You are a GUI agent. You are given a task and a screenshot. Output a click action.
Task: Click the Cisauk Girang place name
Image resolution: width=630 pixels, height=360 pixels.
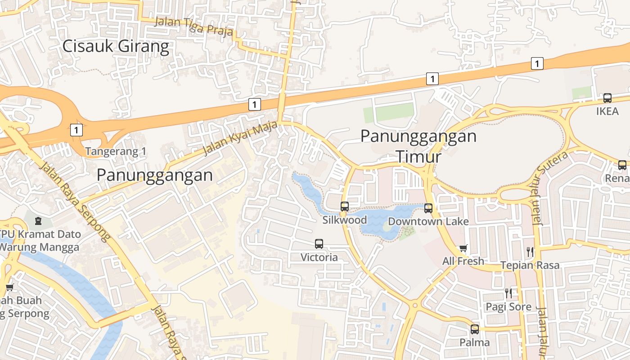pos(116,46)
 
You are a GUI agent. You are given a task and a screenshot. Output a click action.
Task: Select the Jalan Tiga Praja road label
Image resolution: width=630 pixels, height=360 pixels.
pos(194,26)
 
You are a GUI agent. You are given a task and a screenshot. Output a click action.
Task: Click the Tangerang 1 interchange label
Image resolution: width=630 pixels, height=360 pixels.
pos(116,151)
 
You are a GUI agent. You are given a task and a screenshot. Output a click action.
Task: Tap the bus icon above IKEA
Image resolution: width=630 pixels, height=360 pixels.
pos(607,98)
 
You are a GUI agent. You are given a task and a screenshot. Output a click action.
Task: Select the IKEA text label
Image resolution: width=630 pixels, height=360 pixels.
pos(607,111)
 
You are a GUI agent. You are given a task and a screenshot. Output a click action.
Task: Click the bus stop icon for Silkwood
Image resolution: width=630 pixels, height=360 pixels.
pos(345,207)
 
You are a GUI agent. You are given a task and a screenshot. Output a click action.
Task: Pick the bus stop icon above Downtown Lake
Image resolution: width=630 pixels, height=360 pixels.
pos(428,208)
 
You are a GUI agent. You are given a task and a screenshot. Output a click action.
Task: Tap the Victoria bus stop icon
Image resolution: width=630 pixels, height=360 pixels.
pos(319,244)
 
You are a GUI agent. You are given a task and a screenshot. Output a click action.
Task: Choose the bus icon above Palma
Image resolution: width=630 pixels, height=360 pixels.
pos(475,329)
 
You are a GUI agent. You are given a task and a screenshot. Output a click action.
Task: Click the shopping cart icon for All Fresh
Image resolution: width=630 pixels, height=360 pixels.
pos(463,248)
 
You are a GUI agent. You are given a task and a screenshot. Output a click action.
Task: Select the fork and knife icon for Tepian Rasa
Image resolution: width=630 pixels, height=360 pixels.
pos(530,252)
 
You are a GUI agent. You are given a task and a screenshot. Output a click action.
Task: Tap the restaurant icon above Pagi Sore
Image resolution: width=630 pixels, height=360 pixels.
pos(508,293)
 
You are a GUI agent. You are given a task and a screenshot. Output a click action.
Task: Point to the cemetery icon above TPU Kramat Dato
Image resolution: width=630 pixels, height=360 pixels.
pos(38,221)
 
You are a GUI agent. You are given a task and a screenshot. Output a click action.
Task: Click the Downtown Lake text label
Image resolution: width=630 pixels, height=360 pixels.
pos(428,221)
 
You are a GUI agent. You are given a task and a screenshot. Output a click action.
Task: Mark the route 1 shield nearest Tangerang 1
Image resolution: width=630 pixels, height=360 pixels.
pos(76,130)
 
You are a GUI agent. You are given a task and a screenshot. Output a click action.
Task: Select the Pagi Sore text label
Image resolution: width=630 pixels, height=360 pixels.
pos(508,307)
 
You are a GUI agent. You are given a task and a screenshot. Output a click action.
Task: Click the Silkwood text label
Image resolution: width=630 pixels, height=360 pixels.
pos(345,220)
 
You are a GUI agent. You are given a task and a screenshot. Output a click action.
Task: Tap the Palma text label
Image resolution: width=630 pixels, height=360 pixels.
pos(475,342)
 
